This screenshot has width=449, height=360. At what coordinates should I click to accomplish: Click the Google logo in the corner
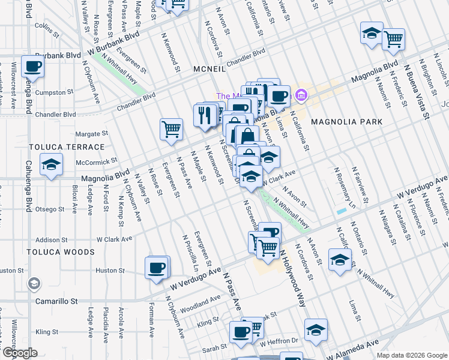(19, 353)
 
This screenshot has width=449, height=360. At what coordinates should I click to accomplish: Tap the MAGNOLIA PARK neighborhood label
(346, 122)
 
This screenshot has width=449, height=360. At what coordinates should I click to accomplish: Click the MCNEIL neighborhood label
(209, 70)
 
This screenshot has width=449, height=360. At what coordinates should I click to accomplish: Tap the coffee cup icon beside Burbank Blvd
(32, 66)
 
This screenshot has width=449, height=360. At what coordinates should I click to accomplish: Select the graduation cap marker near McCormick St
(52, 165)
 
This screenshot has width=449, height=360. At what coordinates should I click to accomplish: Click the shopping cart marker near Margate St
(171, 129)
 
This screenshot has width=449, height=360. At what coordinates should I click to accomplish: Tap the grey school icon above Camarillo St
(34, 283)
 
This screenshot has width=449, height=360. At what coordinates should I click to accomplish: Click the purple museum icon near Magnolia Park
(301, 95)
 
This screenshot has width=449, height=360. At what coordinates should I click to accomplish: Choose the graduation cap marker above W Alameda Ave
(316, 329)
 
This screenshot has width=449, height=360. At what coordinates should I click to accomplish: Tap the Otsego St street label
(50, 209)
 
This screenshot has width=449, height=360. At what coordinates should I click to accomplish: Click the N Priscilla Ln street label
(190, 250)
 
